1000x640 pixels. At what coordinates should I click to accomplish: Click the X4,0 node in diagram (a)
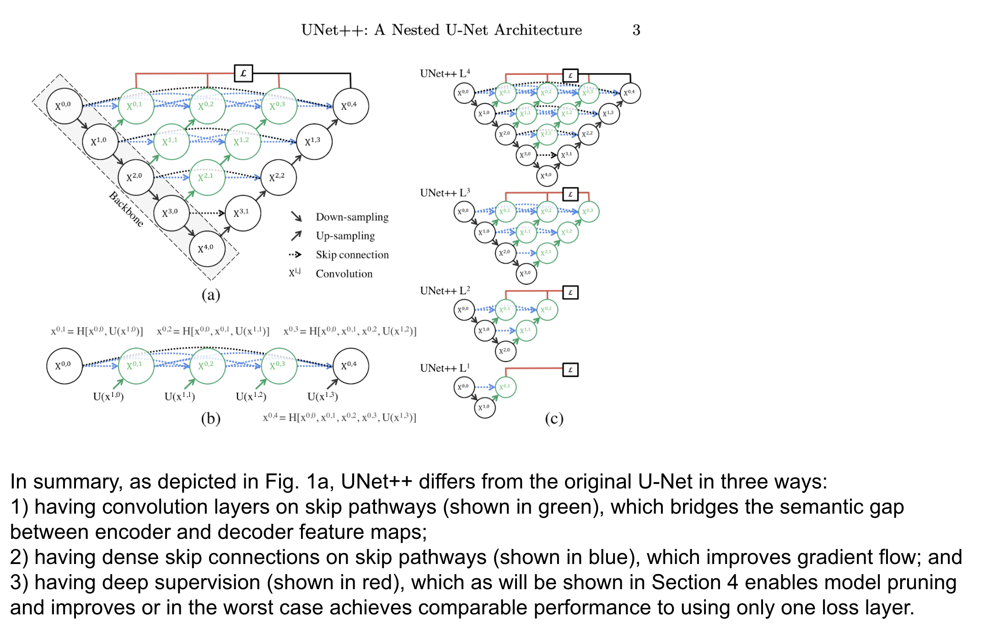[207, 249]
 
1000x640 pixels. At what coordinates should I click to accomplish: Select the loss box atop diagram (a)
[243, 73]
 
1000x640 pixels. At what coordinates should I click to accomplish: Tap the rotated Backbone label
[126, 209]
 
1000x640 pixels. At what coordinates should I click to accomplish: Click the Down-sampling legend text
[352, 217]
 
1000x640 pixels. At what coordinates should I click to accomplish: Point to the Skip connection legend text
[352, 255]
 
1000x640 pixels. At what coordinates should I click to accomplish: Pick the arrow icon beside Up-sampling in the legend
[296, 236]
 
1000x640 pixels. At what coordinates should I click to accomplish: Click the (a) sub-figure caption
[211, 295]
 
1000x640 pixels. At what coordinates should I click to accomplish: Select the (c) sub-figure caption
[554, 418]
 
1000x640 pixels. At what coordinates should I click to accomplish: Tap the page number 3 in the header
[636, 30]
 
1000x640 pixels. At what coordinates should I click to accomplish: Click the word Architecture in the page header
[538, 30]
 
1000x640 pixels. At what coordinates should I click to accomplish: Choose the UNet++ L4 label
[445, 74]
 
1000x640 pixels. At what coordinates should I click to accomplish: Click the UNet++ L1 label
[445, 368]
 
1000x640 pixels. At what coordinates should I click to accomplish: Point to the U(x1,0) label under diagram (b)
[108, 396]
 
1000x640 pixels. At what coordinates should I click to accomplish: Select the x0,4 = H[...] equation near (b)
[339, 418]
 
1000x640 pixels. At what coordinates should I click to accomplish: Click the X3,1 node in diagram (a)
[243, 213]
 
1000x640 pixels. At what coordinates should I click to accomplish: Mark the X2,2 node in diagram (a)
[278, 177]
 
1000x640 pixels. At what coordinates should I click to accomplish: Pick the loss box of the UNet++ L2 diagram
[570, 293]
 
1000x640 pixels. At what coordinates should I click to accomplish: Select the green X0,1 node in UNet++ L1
[505, 387]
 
